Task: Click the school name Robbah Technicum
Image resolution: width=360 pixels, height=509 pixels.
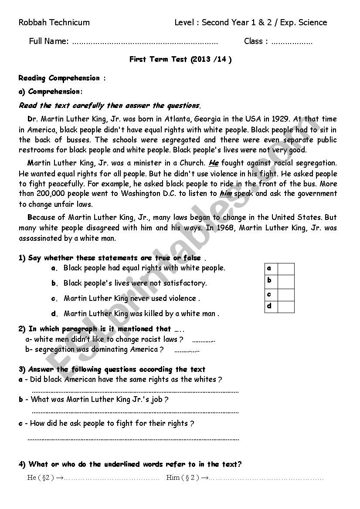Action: pos(54,23)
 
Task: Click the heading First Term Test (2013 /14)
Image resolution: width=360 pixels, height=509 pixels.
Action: pos(180,60)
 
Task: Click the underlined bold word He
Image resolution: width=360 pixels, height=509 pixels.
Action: pos(213,163)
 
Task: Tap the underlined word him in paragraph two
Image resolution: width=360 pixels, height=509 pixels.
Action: pos(225,194)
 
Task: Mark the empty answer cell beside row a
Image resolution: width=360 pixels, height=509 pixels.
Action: pos(286,269)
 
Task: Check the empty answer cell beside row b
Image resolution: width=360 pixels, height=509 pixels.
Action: pos(286,281)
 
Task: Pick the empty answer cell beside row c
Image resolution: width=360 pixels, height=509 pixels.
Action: pos(286,294)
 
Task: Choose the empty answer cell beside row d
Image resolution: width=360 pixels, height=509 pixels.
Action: pos(286,307)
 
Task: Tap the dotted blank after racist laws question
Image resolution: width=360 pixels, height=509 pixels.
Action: pos(204,340)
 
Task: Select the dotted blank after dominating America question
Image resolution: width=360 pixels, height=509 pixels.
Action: pos(187,350)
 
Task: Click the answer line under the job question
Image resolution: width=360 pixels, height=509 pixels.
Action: pos(135,411)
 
